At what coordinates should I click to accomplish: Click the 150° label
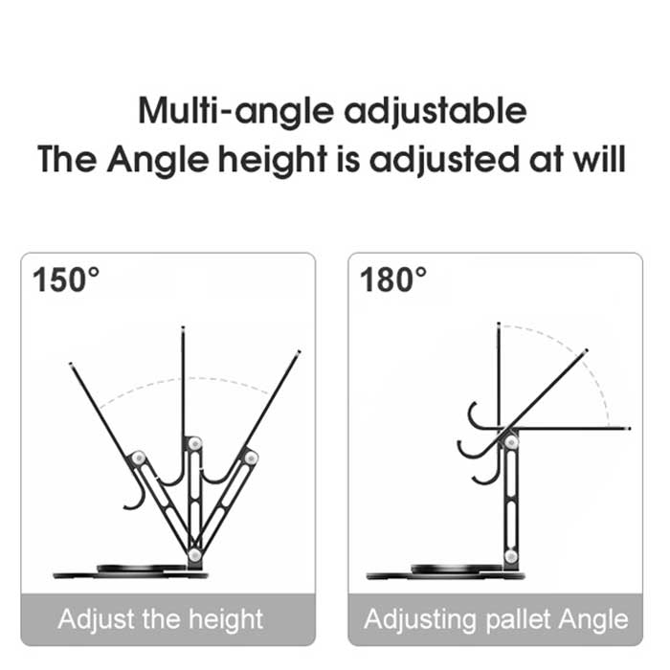tap(66, 279)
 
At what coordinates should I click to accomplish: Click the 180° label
tap(393, 279)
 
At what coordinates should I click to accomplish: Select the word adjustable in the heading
tap(435, 112)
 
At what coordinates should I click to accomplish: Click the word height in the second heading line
tap(273, 160)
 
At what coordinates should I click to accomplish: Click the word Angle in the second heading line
tap(158, 160)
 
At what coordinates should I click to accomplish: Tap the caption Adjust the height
tap(161, 619)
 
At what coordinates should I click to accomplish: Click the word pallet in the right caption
tap(519, 619)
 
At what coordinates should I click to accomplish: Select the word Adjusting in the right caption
tap(420, 620)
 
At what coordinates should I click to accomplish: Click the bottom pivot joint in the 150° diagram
tap(195, 555)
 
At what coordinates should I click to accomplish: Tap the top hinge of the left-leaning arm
tap(138, 458)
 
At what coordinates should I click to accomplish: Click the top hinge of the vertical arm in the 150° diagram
tap(195, 444)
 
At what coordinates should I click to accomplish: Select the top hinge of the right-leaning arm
tap(251, 458)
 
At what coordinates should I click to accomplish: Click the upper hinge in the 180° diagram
tap(511, 442)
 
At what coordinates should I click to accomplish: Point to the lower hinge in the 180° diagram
tap(511, 556)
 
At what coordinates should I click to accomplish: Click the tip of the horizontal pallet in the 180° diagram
tap(629, 428)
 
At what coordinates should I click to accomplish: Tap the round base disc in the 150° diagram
tap(131, 572)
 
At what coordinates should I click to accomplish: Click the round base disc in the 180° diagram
tap(445, 572)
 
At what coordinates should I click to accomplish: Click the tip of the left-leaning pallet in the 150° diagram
tap(71, 364)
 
